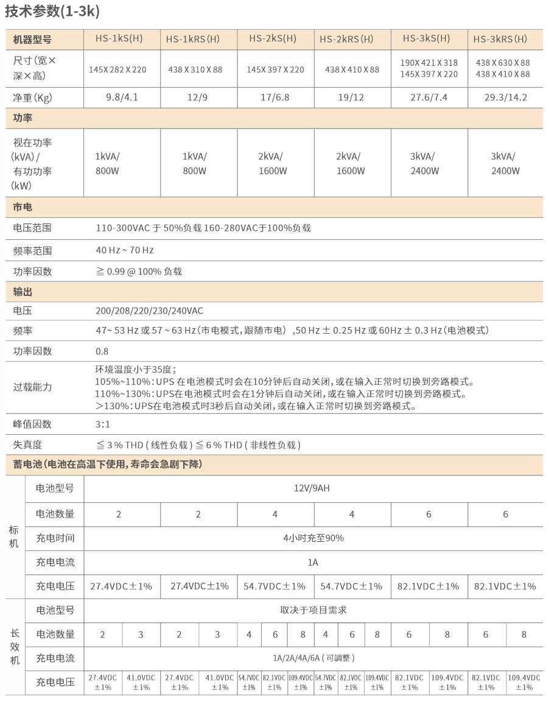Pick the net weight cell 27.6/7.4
point(428,97)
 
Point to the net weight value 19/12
point(352,97)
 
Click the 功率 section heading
point(23,118)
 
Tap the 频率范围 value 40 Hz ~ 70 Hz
point(125,250)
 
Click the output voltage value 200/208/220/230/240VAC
point(150,311)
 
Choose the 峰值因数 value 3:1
point(103,424)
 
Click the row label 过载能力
point(33,387)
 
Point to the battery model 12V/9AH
point(312,488)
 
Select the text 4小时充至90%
point(313,538)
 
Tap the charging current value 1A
point(313,562)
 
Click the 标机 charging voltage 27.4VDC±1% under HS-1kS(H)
point(121,586)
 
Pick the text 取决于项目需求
point(313,609)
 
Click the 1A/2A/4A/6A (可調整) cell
point(313,658)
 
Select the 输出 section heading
point(23,292)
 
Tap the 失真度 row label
point(28,444)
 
